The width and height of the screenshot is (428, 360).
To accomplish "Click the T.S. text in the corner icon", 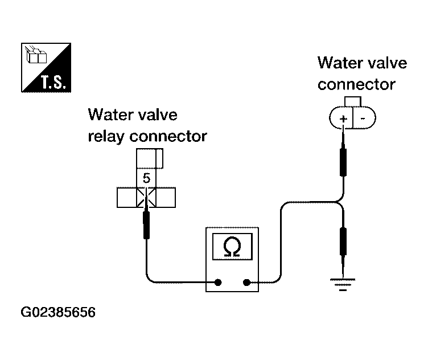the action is tap(53, 82).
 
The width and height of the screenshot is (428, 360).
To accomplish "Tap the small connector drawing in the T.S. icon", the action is tap(36, 55).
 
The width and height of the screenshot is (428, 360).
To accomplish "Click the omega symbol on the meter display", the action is tap(232, 247).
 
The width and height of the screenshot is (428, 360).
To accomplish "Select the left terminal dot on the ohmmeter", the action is tap(218, 282).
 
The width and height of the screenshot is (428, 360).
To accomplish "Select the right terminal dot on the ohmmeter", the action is tap(246, 282).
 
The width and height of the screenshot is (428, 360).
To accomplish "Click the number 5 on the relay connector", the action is tap(147, 178).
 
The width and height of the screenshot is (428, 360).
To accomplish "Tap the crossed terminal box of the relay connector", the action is tap(146, 198).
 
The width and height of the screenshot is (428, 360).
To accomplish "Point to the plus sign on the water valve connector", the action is tap(343, 118).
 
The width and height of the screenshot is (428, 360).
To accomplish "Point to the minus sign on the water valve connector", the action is tap(363, 118).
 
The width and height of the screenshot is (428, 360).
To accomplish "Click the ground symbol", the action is tap(343, 285).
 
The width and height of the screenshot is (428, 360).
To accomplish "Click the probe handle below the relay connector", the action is tap(146, 226).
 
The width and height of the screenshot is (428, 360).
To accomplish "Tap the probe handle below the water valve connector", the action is tap(343, 162).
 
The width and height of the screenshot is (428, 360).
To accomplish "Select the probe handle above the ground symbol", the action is tap(343, 242).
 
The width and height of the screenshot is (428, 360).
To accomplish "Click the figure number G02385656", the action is tap(58, 312).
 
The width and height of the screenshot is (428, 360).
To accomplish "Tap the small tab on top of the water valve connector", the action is tap(353, 101).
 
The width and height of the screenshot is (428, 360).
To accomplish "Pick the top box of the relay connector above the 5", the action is tap(150, 158).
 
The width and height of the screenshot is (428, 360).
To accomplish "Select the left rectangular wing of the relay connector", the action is tap(127, 198).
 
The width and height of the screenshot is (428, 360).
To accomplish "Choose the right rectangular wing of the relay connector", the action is tap(166, 198).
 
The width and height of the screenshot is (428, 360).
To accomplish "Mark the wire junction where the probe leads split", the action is tap(338, 202).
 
